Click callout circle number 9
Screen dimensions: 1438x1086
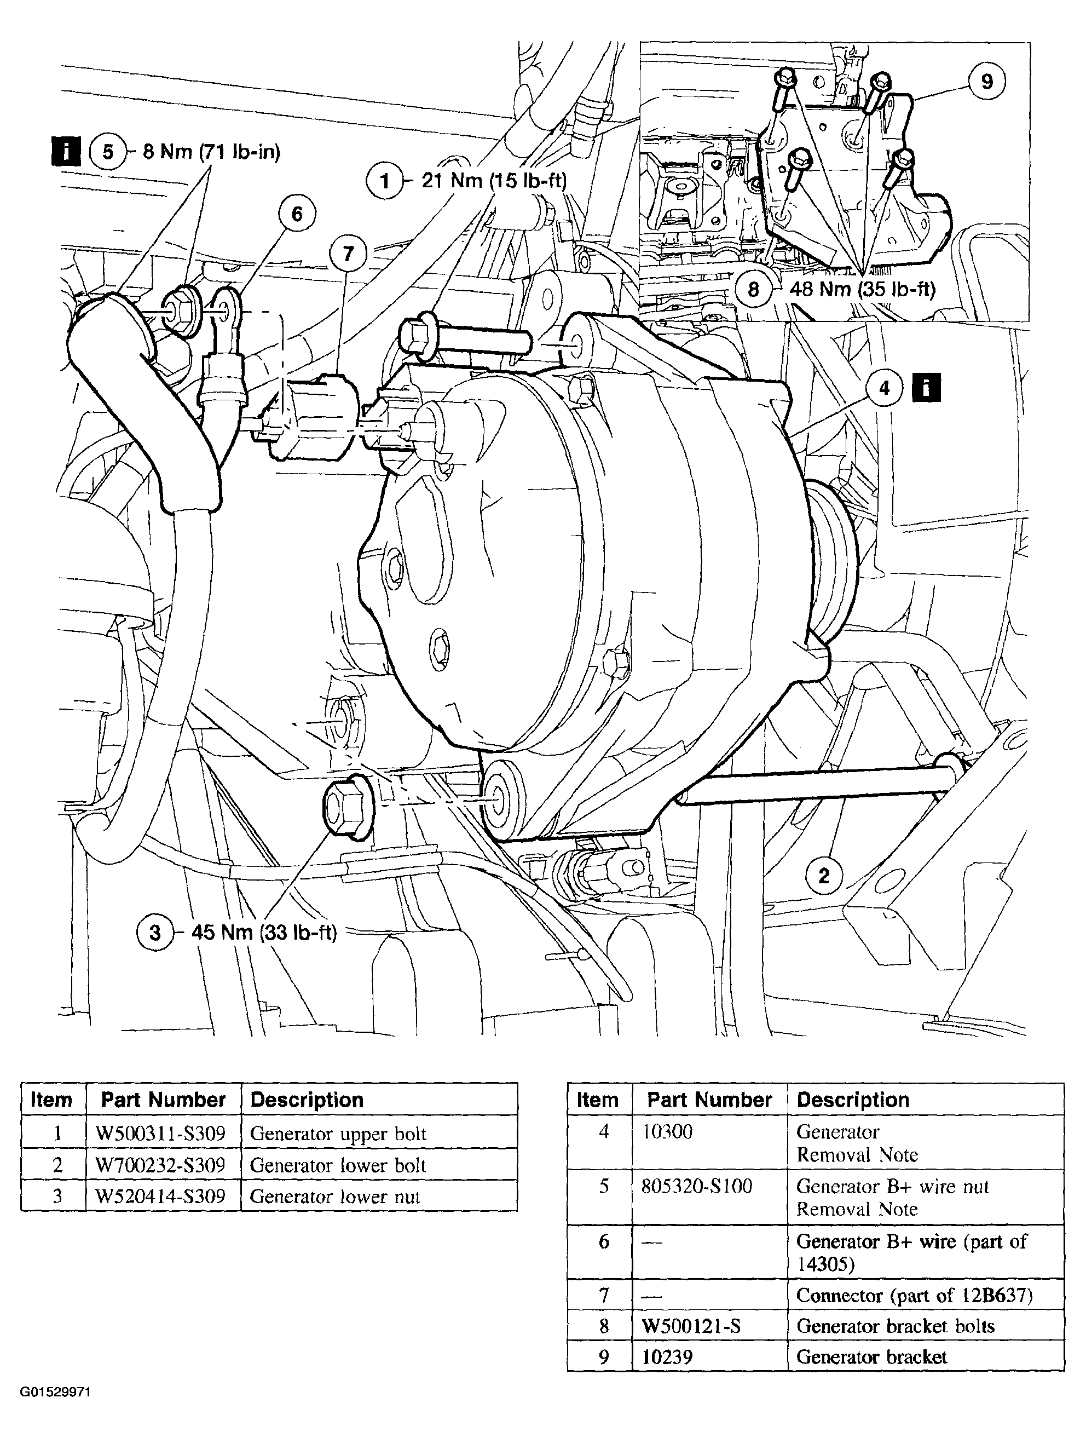click(x=986, y=83)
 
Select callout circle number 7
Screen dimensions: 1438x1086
click(x=348, y=254)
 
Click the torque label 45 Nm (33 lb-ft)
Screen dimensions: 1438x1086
click(x=264, y=933)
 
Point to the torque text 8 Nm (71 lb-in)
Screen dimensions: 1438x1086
click(x=211, y=152)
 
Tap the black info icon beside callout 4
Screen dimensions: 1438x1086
click(x=926, y=388)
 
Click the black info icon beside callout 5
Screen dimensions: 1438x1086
click(x=66, y=152)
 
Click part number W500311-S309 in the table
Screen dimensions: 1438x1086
click(x=160, y=1134)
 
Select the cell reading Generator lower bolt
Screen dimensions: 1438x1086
click(x=338, y=1165)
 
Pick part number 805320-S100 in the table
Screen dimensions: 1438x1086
click(x=697, y=1187)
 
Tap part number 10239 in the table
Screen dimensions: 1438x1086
click(x=667, y=1357)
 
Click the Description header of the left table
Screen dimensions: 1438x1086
click(x=307, y=1100)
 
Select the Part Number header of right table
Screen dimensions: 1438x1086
click(x=709, y=1100)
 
